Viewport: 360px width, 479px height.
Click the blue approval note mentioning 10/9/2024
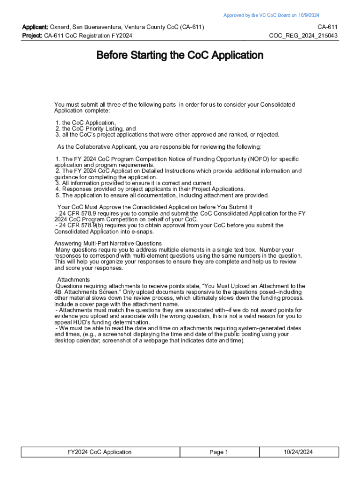pos(271,15)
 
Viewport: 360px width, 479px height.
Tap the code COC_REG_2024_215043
pos(303,36)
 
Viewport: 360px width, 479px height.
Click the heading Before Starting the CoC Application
pos(180,56)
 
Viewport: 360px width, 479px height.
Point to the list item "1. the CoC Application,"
pos(86,123)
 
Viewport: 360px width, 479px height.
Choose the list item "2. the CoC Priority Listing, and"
pos(95,129)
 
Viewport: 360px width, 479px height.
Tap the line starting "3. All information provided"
pos(134,183)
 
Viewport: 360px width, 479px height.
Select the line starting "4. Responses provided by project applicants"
pos(150,189)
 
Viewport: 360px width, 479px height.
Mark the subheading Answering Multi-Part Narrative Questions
pos(108,244)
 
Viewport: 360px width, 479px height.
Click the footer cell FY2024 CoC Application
pos(100,452)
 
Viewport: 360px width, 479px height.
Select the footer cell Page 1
pos(218,452)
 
